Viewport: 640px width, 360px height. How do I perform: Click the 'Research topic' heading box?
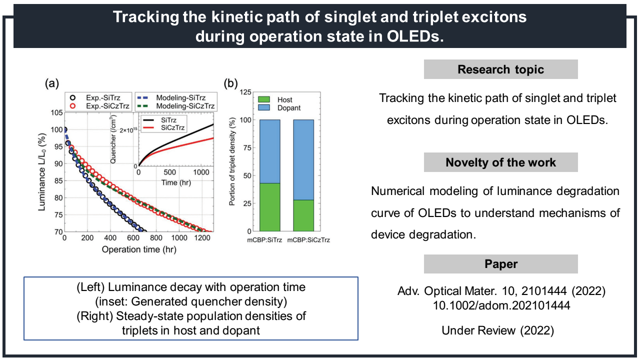pos(500,69)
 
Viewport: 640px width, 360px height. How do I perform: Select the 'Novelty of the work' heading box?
pos(500,162)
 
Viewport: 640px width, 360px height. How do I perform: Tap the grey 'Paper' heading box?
pos(500,264)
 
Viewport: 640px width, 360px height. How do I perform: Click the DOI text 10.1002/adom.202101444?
pos(500,305)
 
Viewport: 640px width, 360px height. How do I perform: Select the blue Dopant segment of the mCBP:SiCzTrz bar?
pos(303,159)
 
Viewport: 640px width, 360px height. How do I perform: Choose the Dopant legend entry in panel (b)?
pos(284,107)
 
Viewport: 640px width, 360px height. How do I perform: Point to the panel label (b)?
pos(231,84)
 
